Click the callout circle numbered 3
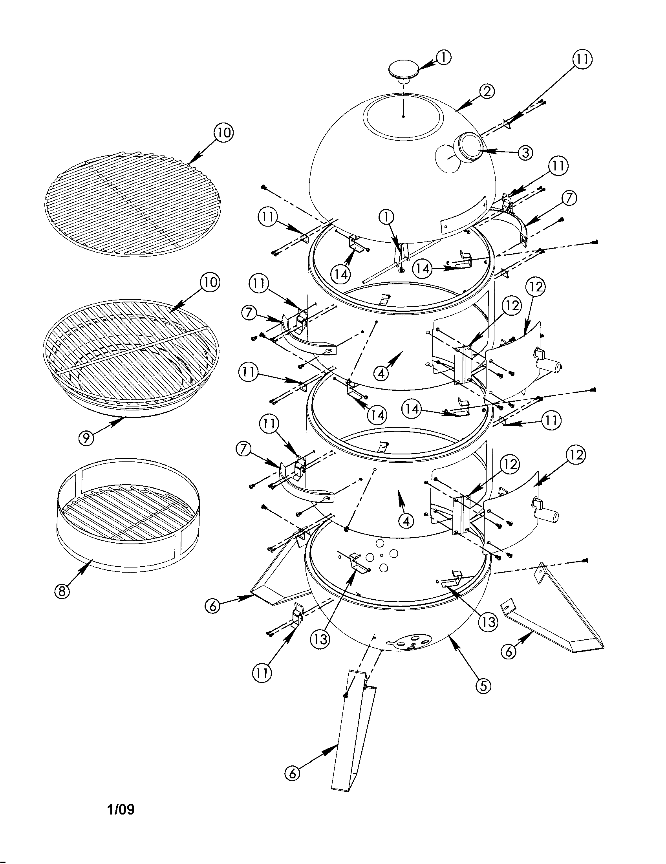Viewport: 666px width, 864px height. pyautogui.click(x=525, y=152)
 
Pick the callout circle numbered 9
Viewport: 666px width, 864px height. pyautogui.click(x=86, y=437)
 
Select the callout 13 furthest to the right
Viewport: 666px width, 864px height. pyautogui.click(x=489, y=622)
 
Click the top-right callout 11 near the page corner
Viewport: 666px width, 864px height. pyautogui.click(x=582, y=59)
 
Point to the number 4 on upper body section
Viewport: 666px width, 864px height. pyautogui.click(x=381, y=373)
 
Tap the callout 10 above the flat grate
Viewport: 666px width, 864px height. pyautogui.click(x=223, y=133)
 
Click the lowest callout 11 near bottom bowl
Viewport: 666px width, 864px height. pyautogui.click(x=262, y=672)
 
